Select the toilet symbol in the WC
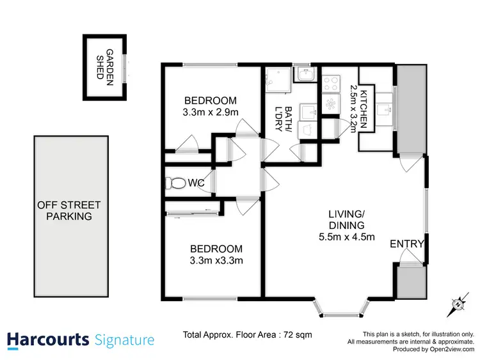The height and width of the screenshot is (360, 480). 174,183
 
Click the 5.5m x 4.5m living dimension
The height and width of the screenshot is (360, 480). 347,237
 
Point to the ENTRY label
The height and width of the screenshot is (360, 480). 406,244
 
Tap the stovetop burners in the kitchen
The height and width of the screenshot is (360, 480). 332,82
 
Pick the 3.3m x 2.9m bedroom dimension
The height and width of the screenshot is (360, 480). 211,112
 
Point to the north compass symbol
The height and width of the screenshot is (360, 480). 458,304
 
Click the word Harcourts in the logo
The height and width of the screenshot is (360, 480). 48,339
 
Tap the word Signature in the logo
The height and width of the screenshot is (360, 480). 124,340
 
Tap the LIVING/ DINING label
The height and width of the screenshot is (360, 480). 347,219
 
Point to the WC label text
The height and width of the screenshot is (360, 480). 196,184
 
